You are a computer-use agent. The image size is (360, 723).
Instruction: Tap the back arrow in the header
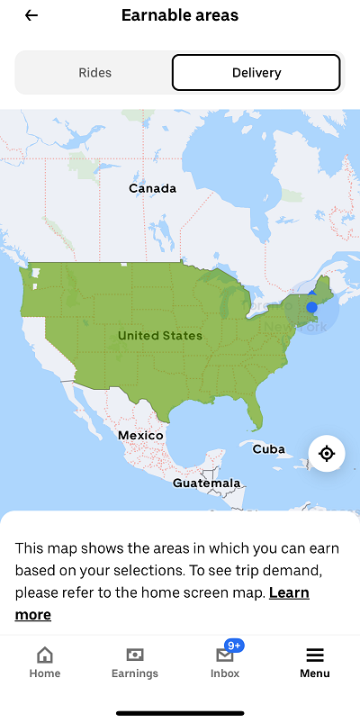(x=31, y=15)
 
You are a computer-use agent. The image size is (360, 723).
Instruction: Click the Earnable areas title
(x=180, y=15)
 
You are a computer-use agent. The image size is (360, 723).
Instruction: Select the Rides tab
(x=94, y=73)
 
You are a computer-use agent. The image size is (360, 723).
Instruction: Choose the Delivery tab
(x=256, y=73)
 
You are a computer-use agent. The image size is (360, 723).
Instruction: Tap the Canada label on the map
(x=152, y=189)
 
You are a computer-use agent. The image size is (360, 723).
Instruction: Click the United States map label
(x=160, y=336)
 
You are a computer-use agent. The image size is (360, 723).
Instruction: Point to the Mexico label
(x=140, y=436)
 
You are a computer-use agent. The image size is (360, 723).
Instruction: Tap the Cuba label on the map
(x=268, y=449)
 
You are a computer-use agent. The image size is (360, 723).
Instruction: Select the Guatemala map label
(x=207, y=484)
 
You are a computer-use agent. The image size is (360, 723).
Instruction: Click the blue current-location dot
(x=311, y=307)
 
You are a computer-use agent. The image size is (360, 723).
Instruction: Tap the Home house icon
(x=44, y=655)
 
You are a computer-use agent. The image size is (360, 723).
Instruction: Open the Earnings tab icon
(x=135, y=655)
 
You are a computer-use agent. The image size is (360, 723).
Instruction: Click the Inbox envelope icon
(x=225, y=655)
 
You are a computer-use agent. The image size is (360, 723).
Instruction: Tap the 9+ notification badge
(x=235, y=646)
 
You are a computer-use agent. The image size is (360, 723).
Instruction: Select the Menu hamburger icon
(x=315, y=655)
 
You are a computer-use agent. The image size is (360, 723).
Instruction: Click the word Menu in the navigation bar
(x=315, y=673)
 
